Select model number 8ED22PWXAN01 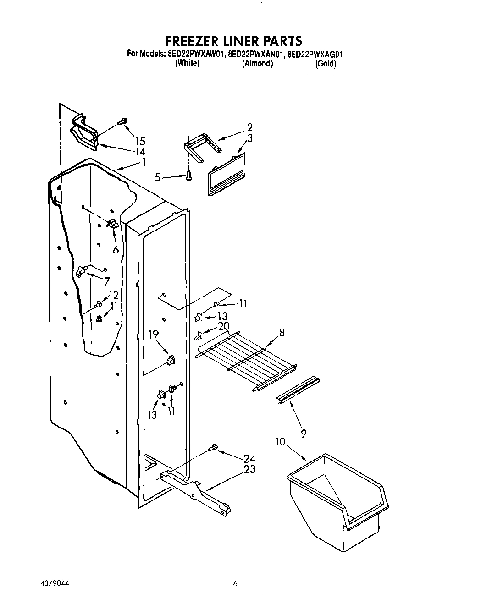pyautogui.click(x=255, y=54)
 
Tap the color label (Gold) pyautogui.click(x=326, y=64)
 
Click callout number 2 pyautogui.click(x=249, y=127)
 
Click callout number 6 pyautogui.click(x=116, y=249)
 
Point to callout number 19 pyautogui.click(x=153, y=335)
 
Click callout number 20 pyautogui.click(x=223, y=326)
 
